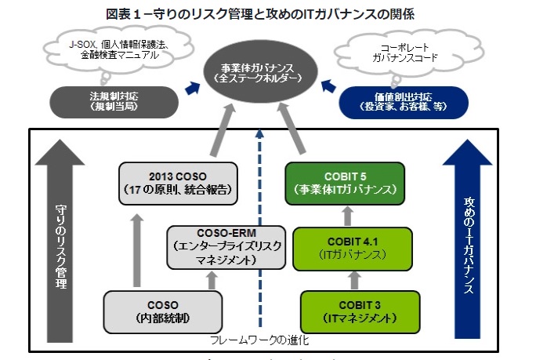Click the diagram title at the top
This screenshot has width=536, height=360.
(268, 13)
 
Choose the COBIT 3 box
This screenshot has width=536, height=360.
(349, 308)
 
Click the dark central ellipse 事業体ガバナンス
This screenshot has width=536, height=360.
(258, 74)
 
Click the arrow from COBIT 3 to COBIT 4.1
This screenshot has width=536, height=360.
(349, 278)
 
